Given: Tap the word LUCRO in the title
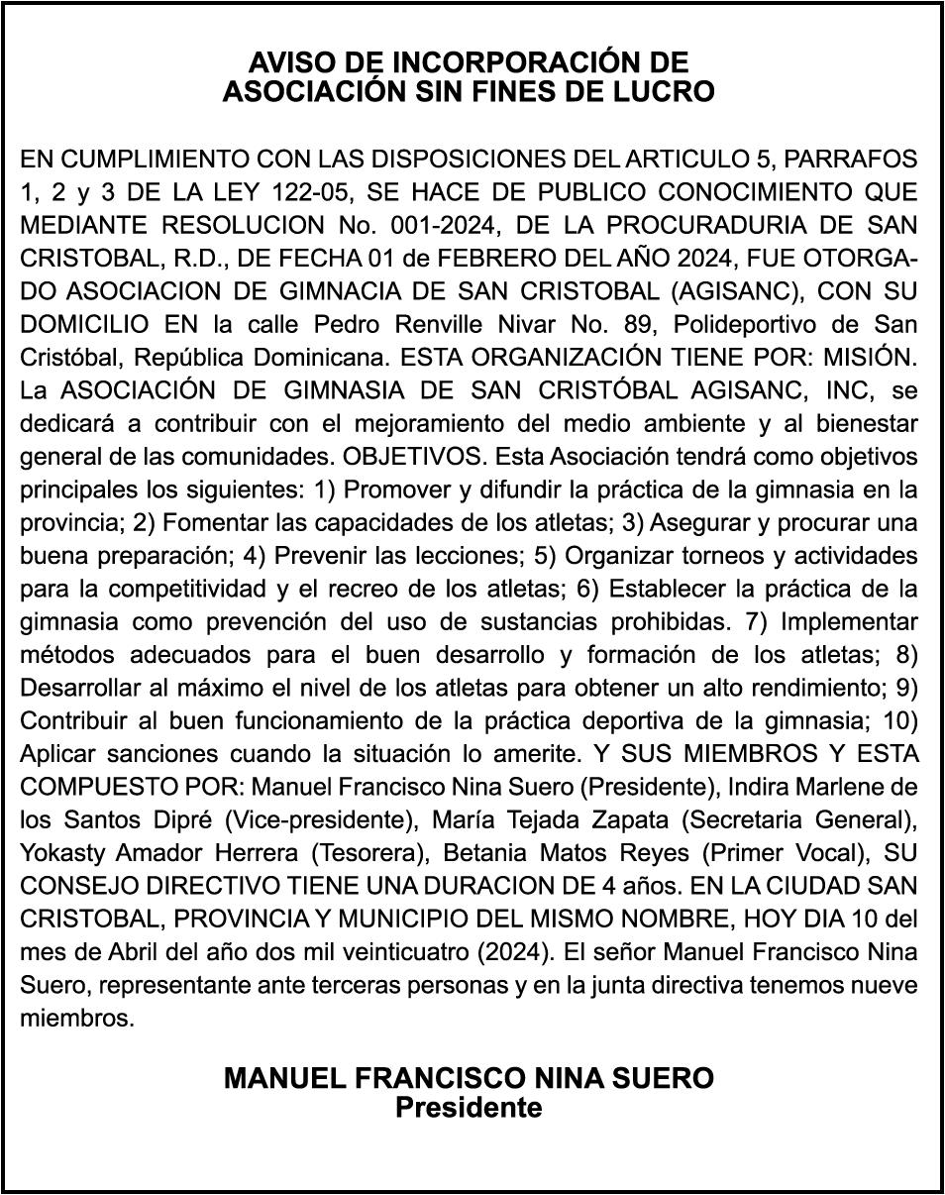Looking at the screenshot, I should (664, 92).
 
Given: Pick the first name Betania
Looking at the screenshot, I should (487, 854).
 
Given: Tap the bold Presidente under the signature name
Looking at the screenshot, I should (469, 1107).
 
